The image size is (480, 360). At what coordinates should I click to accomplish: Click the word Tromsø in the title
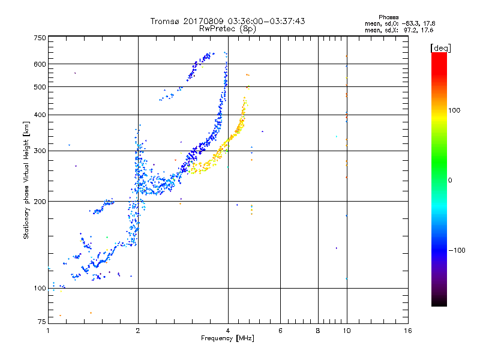click(x=165, y=21)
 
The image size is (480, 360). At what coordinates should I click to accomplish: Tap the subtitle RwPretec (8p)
click(x=227, y=29)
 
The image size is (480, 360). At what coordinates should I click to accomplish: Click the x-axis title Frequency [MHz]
click(x=227, y=338)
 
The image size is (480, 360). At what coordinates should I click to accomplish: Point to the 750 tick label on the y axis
click(x=40, y=38)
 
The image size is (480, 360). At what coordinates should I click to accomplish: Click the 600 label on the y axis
click(x=40, y=64)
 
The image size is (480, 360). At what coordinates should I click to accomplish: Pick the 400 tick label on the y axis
click(x=40, y=115)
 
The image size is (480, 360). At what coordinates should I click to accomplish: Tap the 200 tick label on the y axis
click(x=40, y=202)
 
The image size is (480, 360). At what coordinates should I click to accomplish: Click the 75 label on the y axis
click(x=42, y=322)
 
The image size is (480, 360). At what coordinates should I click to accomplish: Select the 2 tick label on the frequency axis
click(x=138, y=331)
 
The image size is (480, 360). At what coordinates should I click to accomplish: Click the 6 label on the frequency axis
click(x=280, y=331)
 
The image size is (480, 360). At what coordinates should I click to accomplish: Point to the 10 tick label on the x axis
click(x=347, y=331)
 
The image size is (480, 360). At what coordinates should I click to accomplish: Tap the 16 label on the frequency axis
click(x=408, y=331)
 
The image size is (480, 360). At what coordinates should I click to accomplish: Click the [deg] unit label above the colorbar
click(x=440, y=49)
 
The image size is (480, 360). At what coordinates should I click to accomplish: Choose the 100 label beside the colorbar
click(x=454, y=110)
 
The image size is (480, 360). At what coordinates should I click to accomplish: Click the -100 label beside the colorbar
click(x=457, y=250)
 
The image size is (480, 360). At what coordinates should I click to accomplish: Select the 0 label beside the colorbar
click(x=450, y=181)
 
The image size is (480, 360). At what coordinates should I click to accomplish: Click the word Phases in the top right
click(x=388, y=17)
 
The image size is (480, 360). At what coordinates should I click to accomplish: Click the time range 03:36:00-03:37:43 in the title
click(x=266, y=21)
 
